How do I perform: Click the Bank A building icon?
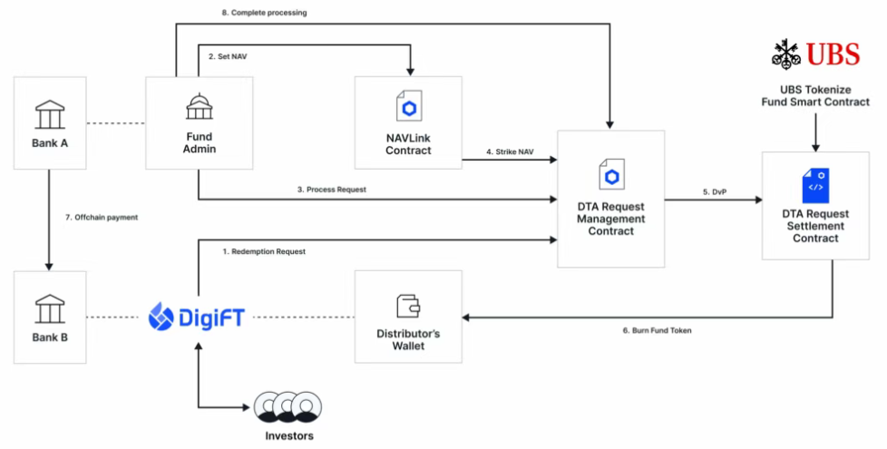50,115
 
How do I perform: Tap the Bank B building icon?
50,308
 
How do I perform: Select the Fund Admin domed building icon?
200,106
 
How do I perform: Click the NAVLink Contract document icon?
408,106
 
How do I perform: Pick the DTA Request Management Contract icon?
611,174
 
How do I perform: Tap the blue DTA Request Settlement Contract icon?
815,185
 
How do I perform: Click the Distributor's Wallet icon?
408,306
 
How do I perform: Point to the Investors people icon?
288,406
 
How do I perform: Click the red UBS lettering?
833,54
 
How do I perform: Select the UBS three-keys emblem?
786,54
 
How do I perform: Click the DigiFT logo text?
211,317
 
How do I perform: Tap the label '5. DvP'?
715,192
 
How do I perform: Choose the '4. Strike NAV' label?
510,152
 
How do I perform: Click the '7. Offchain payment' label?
102,217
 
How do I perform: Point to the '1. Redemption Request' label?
264,251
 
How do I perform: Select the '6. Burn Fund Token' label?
657,330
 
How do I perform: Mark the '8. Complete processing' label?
264,13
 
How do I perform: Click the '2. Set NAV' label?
228,56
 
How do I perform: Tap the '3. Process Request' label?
332,190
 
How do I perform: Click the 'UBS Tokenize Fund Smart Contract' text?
815,95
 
